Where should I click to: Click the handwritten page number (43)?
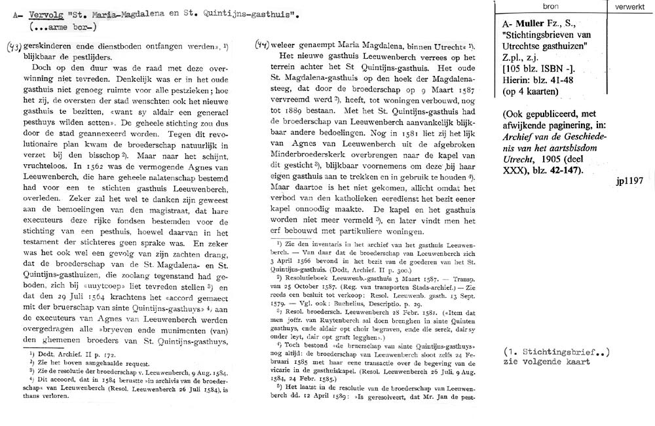coord(13,48)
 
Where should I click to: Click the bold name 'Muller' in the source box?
coord(525,22)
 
